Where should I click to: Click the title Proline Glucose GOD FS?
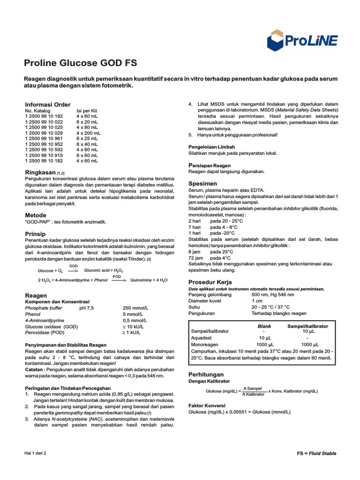tap(80, 63)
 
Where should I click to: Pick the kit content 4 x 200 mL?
tap(89, 133)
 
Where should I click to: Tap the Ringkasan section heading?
tap(40, 172)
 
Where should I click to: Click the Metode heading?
tap(35, 215)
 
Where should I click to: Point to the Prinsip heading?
tap(35, 233)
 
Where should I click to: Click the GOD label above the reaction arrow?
tap(74, 266)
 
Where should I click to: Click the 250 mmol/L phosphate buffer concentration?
tap(135, 307)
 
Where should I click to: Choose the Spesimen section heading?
tap(202, 183)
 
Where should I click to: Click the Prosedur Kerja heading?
tap(210, 282)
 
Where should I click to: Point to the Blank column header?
tap(264, 326)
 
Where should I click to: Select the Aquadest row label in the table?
tap(202, 337)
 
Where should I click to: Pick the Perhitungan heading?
tap(206, 375)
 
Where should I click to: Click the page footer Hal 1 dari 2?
tap(35, 453)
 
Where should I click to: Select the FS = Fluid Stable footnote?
tap(316, 453)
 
